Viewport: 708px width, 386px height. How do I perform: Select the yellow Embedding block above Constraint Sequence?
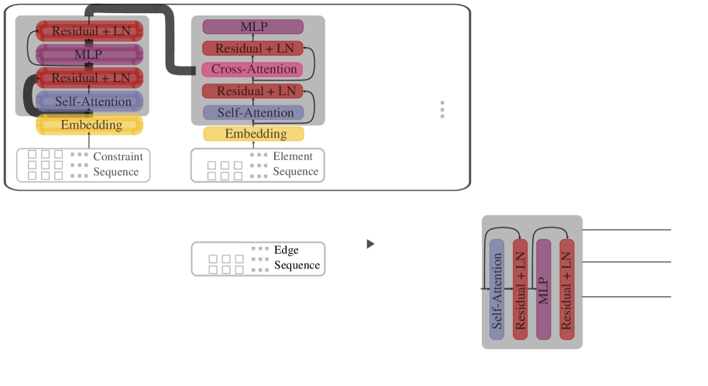coord(89,125)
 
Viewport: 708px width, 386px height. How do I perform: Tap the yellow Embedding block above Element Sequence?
coord(253,134)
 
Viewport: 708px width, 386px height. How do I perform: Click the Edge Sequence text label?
coord(297,258)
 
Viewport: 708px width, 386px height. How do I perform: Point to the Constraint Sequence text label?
coord(118,164)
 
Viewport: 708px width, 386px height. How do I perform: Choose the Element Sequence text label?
coord(295,164)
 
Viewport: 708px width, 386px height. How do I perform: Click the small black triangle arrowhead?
coord(370,244)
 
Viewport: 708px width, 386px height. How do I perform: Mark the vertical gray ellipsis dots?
coord(442,110)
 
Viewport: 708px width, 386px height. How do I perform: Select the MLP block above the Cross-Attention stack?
coord(253,26)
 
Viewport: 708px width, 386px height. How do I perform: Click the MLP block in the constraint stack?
coord(89,55)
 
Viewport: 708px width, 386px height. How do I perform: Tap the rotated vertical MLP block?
coord(544,289)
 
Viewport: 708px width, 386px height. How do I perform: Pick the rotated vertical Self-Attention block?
coord(497,289)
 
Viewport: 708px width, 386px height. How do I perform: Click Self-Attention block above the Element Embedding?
coord(253,113)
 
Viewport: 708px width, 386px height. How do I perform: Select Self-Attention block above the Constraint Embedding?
coord(89,101)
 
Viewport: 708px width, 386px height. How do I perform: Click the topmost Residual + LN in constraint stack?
coord(89,31)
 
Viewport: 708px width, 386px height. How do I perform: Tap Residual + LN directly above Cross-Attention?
coord(253,48)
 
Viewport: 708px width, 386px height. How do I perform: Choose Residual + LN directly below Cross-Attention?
coord(253,91)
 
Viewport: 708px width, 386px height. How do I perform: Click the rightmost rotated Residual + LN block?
coord(567,289)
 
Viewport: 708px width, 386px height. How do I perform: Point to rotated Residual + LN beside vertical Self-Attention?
coord(521,289)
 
